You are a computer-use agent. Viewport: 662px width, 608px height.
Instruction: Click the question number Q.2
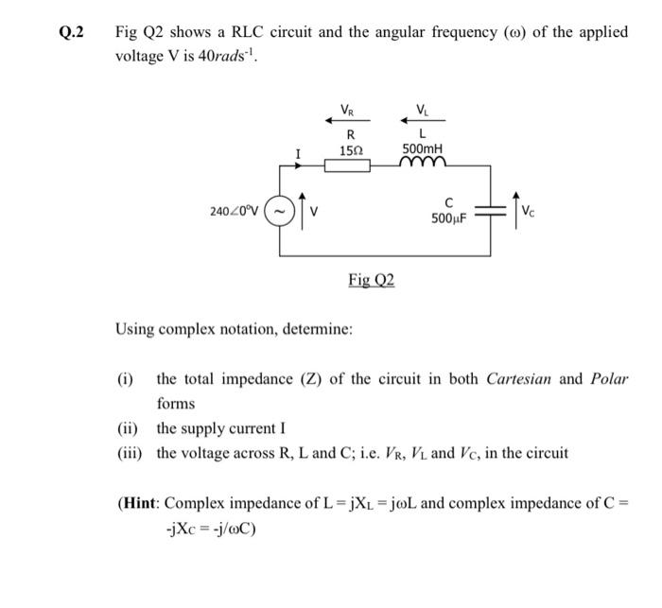[72, 32]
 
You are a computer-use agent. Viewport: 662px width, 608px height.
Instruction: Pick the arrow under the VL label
[415, 118]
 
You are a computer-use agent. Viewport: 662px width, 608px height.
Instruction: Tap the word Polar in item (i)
[608, 379]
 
